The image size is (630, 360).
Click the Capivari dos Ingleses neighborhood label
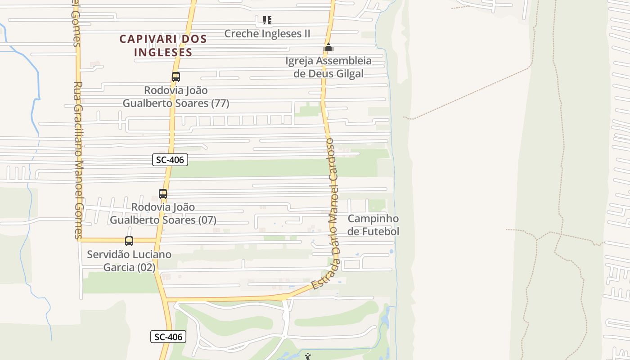tap(163, 45)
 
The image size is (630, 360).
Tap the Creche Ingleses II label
tap(267, 34)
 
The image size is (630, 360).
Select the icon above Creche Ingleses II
tap(267, 20)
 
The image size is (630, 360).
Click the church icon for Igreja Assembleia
tap(328, 47)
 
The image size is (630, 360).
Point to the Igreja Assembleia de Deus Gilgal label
tap(328, 67)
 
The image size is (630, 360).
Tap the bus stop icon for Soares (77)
tap(175, 77)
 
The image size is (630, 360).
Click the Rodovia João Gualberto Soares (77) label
tap(176, 97)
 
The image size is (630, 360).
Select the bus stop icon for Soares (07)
tap(163, 194)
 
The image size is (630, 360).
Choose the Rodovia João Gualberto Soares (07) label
tap(163, 214)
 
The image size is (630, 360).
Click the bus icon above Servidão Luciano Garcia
tap(129, 241)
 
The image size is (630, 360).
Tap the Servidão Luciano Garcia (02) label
tap(129, 261)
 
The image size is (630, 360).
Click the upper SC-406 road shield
tap(170, 159)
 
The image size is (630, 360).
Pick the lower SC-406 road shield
tap(168, 337)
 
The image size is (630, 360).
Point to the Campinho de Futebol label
tap(373, 225)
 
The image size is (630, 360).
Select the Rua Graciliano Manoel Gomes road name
tap(78, 160)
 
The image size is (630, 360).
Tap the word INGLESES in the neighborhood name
tap(163, 52)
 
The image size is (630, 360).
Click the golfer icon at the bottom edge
tap(308, 357)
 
